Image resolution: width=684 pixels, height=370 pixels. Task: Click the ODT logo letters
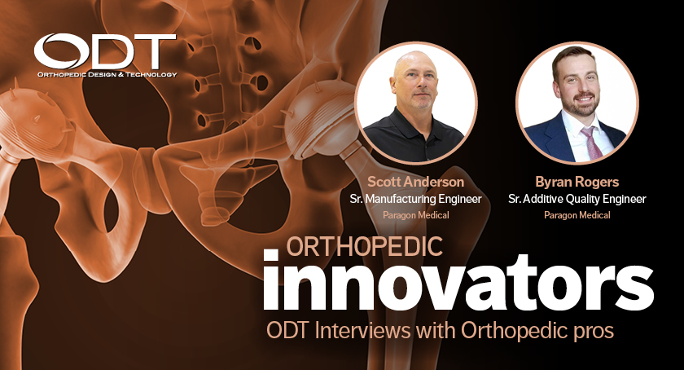pos(104,53)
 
